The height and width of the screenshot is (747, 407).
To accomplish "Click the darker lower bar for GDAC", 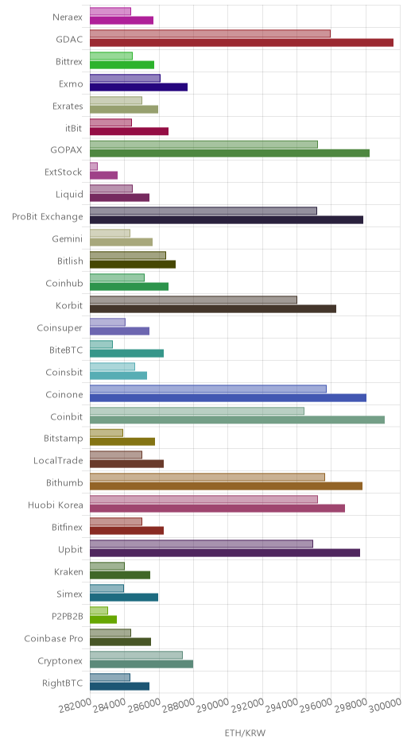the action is (242, 43).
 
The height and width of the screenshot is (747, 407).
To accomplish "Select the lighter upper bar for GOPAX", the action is (204, 145).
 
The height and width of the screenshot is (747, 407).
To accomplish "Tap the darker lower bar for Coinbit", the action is (238, 420).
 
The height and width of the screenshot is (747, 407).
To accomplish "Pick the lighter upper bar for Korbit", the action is (193, 300).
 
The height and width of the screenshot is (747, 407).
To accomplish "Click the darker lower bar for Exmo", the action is (138, 87).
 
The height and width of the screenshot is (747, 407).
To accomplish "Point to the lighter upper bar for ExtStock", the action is (94, 166).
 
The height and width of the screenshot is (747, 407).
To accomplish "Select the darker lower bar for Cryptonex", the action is (141, 664).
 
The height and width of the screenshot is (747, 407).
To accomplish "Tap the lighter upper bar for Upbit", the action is (202, 544).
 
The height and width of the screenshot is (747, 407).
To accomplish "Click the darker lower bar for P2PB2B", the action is (103, 619).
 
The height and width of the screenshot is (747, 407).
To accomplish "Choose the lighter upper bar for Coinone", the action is (208, 389).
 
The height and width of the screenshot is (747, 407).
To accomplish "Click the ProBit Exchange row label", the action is (48, 217).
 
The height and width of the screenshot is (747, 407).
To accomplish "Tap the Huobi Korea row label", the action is (56, 505).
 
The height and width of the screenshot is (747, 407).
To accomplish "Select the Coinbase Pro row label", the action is (54, 638).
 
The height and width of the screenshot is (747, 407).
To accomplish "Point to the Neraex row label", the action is (68, 17).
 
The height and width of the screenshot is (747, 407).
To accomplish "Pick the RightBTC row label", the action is (63, 683).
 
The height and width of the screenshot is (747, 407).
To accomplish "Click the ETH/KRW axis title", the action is (245, 733).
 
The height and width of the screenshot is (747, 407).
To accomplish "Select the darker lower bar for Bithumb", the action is (227, 486).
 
